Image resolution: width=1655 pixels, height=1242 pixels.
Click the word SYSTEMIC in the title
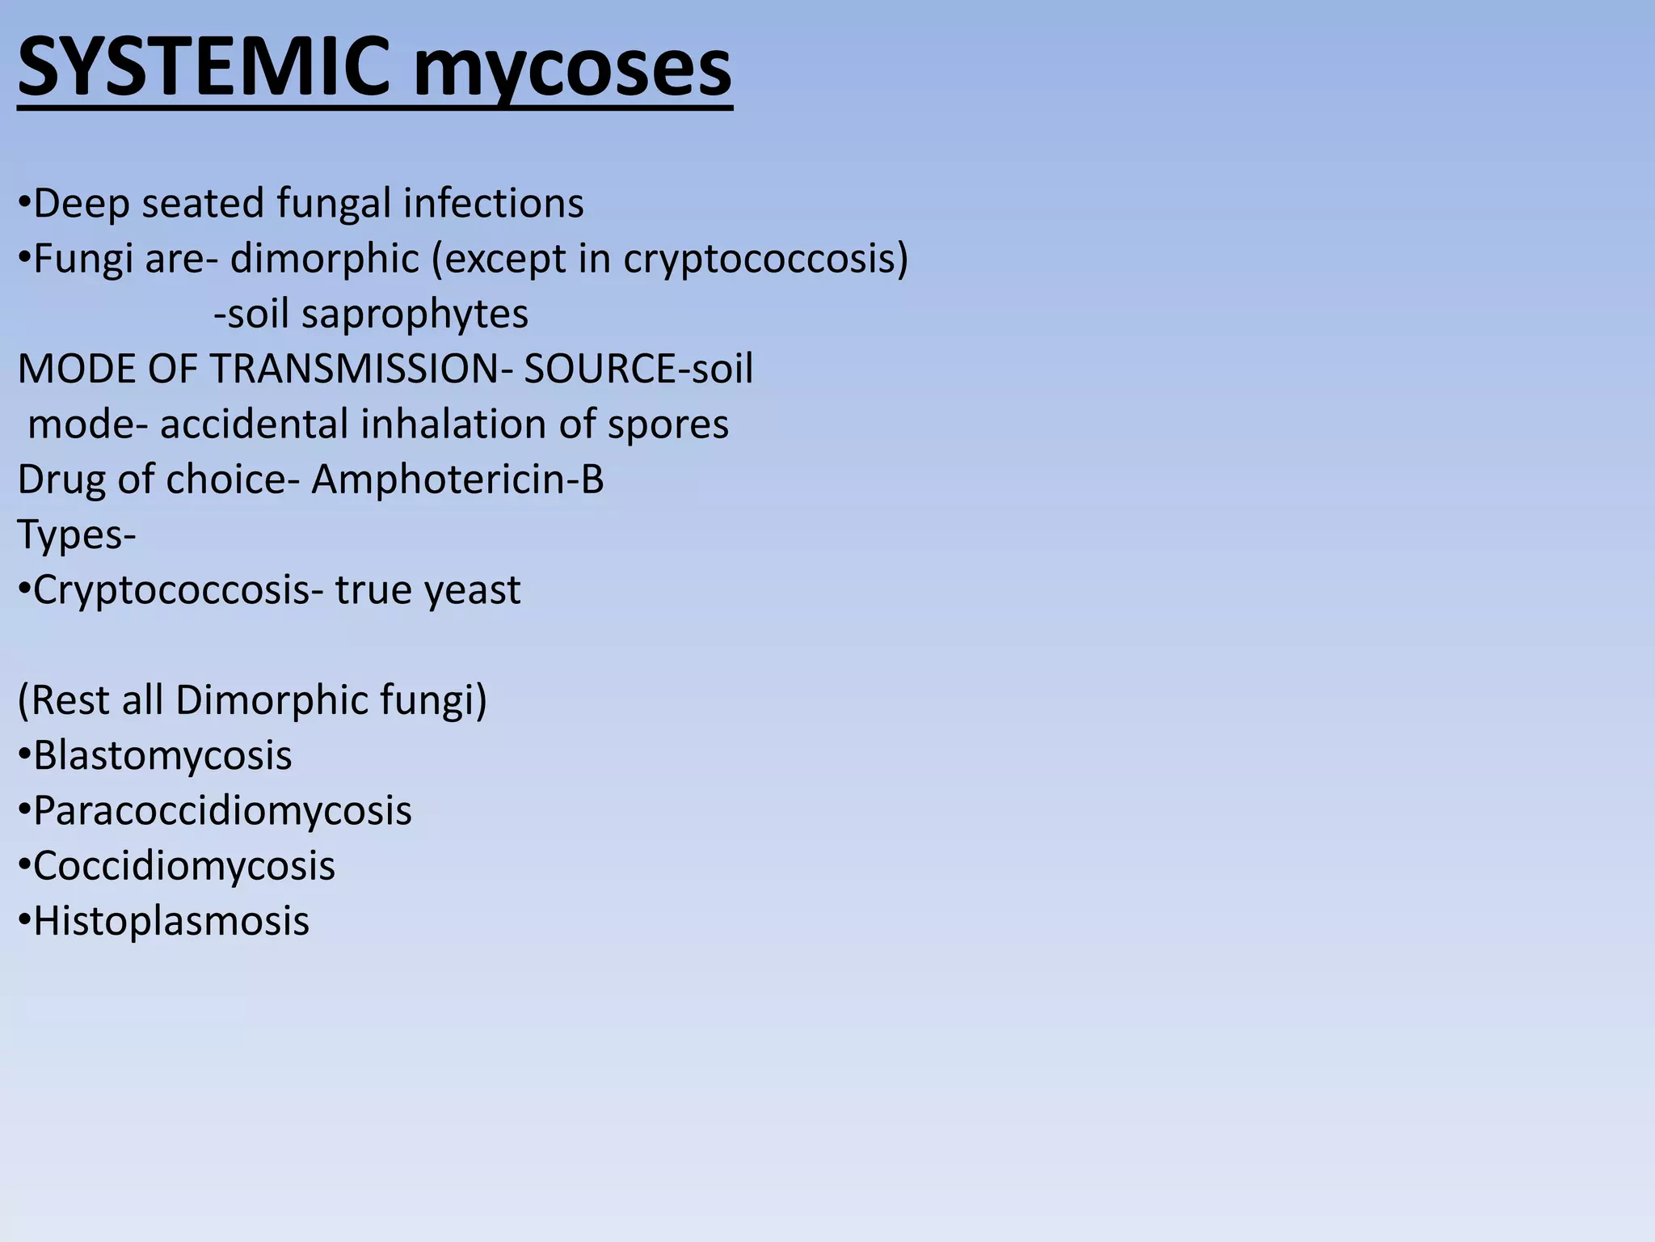click(210, 68)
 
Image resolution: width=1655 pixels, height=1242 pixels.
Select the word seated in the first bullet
click(202, 203)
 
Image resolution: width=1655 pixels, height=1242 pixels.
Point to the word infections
click(493, 203)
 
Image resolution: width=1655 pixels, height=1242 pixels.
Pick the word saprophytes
click(415, 315)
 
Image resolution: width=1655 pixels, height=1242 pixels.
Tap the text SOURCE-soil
click(638, 370)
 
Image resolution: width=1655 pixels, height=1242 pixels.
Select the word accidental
click(253, 425)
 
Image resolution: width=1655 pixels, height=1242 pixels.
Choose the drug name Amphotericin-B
click(457, 479)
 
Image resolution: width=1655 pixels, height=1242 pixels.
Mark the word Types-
click(77, 535)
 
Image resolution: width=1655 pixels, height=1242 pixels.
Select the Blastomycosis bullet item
click(162, 756)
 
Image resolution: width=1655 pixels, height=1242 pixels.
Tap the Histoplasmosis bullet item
click(171, 921)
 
